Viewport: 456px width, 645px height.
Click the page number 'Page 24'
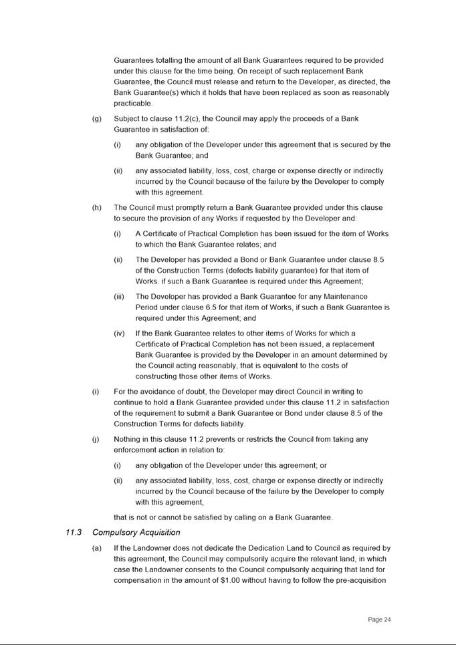(379, 620)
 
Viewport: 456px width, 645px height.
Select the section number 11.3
(74, 533)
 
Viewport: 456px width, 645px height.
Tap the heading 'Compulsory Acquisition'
(136, 533)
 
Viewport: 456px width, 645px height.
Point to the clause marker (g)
(97, 119)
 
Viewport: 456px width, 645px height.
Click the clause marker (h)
(97, 208)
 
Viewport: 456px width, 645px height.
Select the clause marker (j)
(97, 440)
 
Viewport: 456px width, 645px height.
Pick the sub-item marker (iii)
(119, 297)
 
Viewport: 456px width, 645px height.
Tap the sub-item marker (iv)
(119, 334)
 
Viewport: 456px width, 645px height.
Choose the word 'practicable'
(134, 104)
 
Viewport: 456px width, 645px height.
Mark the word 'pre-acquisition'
(361, 580)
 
